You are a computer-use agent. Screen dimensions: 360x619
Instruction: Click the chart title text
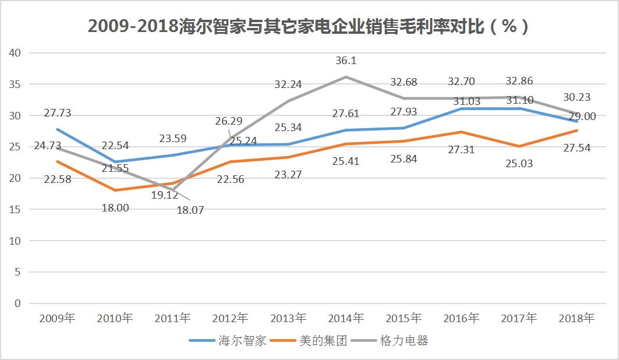[x=309, y=27]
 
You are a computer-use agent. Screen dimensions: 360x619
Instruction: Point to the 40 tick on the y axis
[x=15, y=53]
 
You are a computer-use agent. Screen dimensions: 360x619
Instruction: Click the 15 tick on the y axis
[x=15, y=209]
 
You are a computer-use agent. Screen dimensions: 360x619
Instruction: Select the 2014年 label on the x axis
[x=346, y=318]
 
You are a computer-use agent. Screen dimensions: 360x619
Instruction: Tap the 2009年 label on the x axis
[x=57, y=318]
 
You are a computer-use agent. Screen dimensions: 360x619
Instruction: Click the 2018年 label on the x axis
[x=576, y=318]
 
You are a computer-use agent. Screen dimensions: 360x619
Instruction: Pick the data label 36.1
[x=346, y=61]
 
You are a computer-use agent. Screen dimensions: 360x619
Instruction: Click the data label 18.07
[x=190, y=210]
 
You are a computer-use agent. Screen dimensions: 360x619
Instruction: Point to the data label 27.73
[x=57, y=113]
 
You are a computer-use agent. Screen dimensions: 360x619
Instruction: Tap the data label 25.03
[x=519, y=164]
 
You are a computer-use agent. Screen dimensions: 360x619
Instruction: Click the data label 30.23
[x=577, y=98]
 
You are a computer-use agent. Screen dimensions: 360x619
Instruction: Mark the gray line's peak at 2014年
[x=346, y=77]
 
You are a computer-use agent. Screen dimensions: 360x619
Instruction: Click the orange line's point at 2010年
[x=115, y=190]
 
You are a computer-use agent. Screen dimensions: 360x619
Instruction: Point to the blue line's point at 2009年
[x=57, y=129]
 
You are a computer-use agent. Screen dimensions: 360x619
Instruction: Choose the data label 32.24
[x=288, y=84]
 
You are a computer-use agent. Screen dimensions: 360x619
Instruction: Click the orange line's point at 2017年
[x=519, y=146]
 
